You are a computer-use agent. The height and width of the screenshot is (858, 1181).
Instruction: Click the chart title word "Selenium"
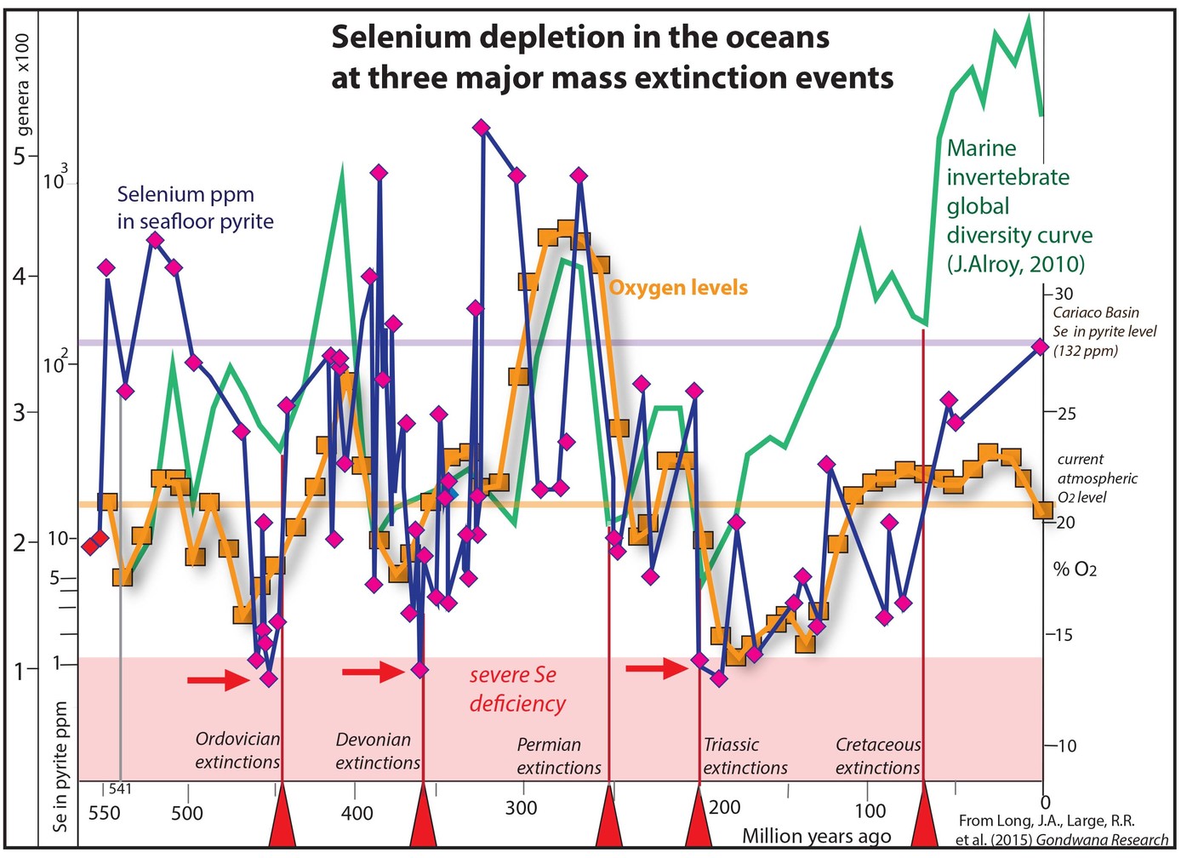[414, 37]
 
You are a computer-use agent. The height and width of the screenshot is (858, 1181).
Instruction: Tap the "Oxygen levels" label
[678, 288]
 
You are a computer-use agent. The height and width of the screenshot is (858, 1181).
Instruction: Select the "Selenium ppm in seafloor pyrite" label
[195, 208]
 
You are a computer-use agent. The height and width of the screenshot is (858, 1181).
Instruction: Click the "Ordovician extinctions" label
[237, 750]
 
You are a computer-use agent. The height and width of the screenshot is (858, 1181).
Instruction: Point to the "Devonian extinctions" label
[378, 751]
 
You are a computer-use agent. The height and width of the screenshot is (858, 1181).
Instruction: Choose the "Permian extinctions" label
[559, 756]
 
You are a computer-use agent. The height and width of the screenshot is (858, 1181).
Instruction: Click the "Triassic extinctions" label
[745, 756]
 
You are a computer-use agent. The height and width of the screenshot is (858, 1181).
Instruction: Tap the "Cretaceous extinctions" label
[878, 756]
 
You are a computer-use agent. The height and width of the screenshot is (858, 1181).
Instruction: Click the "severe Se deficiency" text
[517, 689]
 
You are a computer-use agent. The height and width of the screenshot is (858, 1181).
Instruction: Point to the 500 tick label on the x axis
[186, 813]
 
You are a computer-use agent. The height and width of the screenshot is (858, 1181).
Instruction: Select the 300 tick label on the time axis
[521, 808]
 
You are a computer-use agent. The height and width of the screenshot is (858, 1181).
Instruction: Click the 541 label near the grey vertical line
[120, 789]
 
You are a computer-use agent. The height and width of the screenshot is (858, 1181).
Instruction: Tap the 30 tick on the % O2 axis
[1064, 294]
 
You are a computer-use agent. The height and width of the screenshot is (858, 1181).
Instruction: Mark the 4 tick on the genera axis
[19, 276]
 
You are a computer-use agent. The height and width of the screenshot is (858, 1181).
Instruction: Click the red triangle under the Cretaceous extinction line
[924, 815]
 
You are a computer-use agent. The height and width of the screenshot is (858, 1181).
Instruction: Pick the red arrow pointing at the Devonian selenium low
[374, 672]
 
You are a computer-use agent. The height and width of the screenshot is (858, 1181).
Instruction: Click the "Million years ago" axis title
[817, 836]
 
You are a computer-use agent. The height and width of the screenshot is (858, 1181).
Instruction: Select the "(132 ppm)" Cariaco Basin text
[1085, 351]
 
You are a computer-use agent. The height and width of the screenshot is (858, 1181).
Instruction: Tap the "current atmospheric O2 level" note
[1097, 478]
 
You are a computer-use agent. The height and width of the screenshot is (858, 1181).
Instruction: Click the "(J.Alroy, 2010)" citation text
[1016, 264]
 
